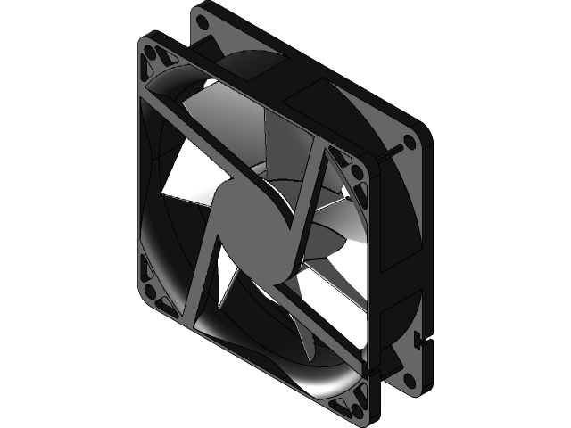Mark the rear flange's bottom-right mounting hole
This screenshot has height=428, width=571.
coord(409,381)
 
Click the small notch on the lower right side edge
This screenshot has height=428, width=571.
coord(419,340)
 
